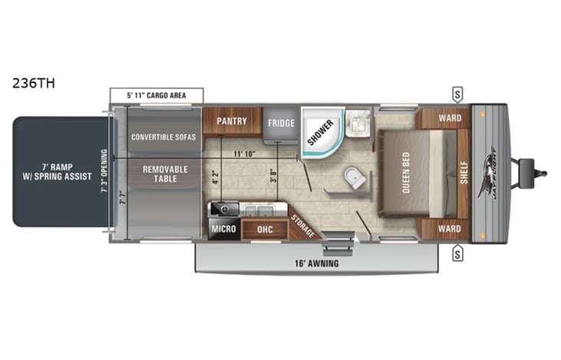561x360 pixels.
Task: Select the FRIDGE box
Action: (280, 124)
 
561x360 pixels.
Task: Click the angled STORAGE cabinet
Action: (302, 223)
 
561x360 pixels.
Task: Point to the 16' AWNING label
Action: (319, 263)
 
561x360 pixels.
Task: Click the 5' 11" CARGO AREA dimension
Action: (157, 95)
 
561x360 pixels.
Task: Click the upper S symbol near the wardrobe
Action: (457, 95)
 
